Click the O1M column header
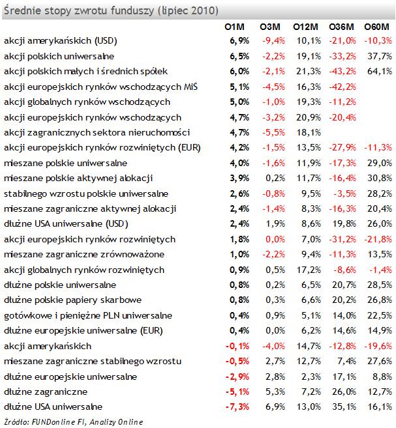234,27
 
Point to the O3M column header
270,27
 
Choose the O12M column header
305,27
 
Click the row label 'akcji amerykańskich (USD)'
61,41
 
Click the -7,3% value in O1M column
237,407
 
